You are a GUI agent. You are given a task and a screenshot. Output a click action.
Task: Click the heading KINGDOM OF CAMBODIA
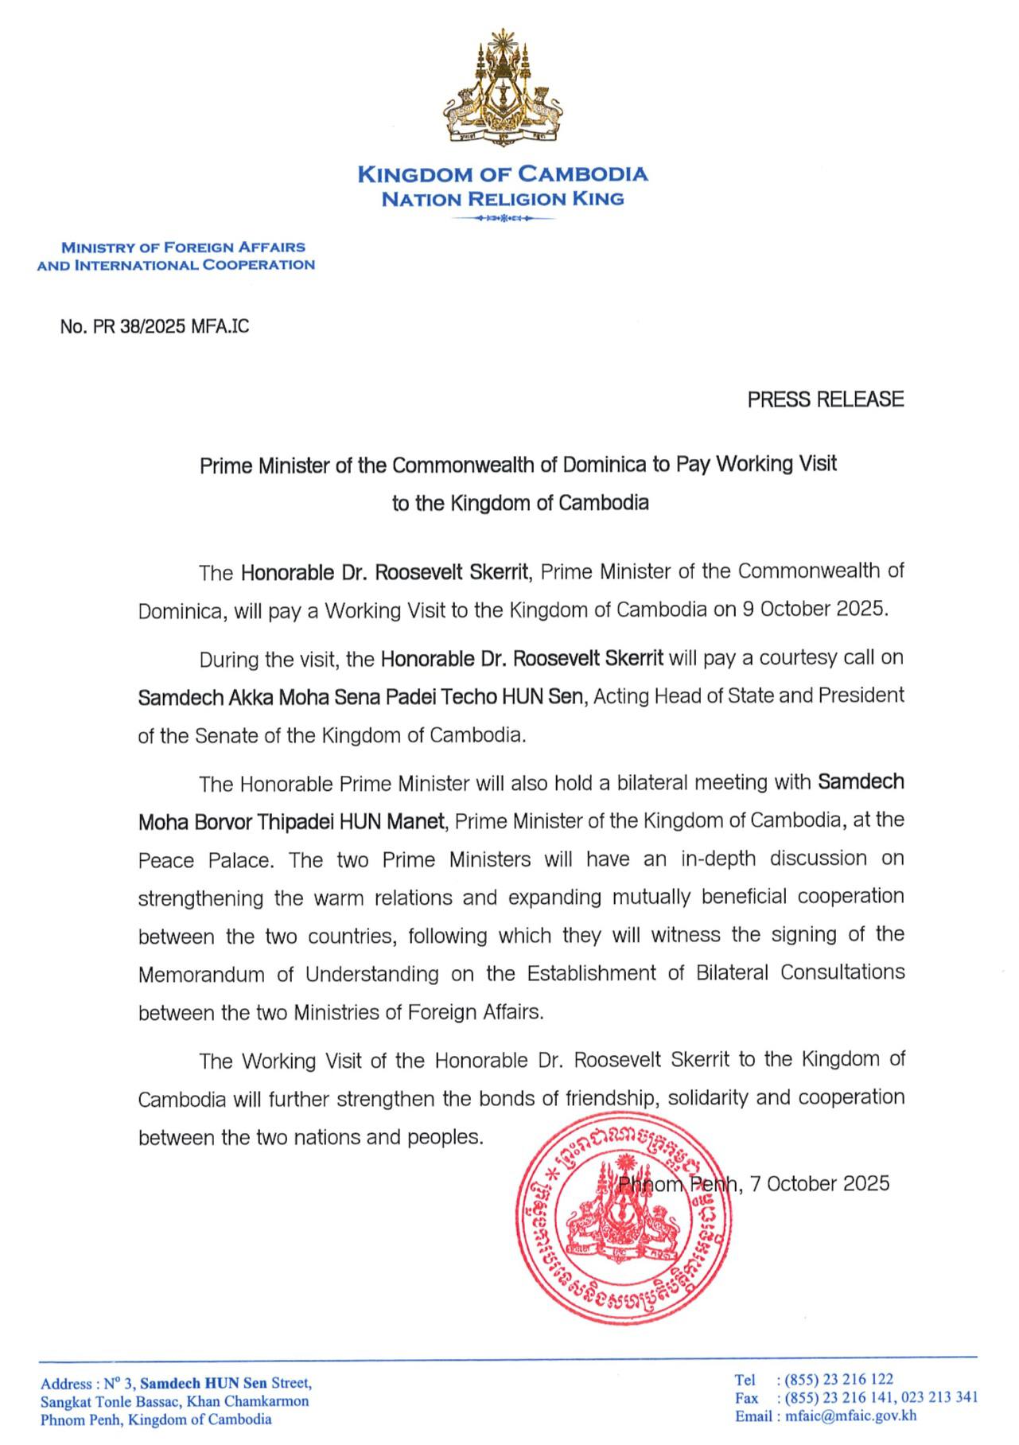click(503, 174)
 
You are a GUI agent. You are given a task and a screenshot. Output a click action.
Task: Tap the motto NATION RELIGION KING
click(503, 199)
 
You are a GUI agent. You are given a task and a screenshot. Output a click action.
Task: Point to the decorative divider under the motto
click(503, 218)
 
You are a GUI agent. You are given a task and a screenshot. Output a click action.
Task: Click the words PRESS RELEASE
click(825, 399)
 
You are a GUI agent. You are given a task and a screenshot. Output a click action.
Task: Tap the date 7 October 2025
click(819, 1184)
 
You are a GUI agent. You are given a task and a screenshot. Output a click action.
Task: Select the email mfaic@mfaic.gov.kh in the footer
click(850, 1416)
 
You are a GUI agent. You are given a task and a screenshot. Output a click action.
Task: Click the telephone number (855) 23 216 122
click(838, 1379)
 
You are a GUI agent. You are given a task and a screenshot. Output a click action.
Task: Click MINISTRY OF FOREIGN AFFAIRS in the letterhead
click(184, 247)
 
